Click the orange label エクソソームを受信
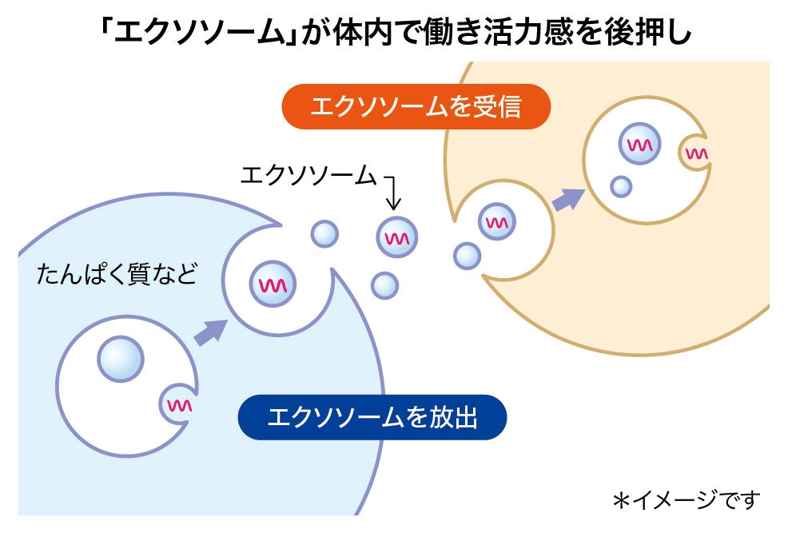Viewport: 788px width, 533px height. tap(416, 105)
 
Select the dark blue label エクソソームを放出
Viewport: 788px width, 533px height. tap(372, 416)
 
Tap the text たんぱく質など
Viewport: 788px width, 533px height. tap(116, 275)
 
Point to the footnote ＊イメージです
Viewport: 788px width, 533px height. tap(687, 500)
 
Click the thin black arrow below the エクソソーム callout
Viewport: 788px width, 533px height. tap(394, 191)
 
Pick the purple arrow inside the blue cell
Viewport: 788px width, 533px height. tap(210, 331)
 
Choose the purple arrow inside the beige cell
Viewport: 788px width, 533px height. tap(567, 198)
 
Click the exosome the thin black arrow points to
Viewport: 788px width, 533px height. tap(397, 237)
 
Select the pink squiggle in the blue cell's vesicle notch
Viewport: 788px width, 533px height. tap(178, 405)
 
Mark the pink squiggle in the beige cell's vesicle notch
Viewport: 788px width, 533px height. tap(696, 153)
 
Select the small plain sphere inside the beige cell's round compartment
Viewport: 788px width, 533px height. tap(621, 187)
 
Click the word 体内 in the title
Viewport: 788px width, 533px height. tap(355, 34)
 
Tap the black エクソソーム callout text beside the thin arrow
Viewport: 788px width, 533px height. tap(308, 175)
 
